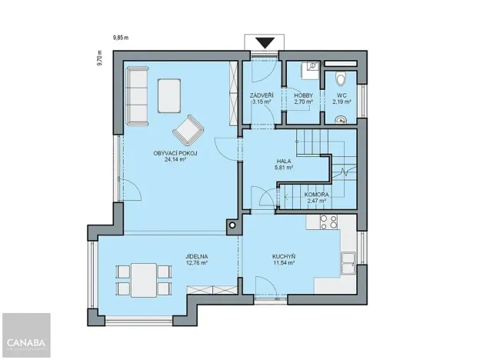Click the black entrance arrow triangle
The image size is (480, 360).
point(266,43)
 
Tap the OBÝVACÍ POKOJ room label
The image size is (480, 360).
point(176,154)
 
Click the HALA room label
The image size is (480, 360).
point(284,162)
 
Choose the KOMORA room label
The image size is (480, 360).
point(316,195)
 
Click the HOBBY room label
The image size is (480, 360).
point(304,95)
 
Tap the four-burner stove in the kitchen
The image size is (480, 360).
point(328,222)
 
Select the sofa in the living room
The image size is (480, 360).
point(138,95)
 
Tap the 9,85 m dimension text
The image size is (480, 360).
point(122,36)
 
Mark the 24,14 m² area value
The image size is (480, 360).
point(176,161)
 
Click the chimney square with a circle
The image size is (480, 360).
point(232,225)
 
